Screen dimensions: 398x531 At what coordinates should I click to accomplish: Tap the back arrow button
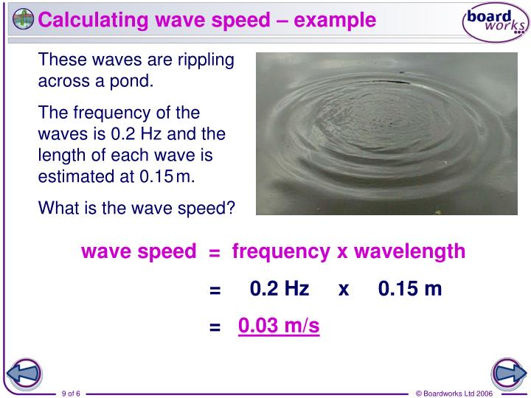pyautogui.click(x=24, y=374)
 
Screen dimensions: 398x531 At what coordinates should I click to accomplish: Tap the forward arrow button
pyautogui.click(x=507, y=374)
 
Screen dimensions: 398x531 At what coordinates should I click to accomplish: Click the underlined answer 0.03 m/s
pyautogui.click(x=279, y=326)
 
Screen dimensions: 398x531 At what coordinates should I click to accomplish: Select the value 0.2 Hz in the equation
pyautogui.click(x=280, y=289)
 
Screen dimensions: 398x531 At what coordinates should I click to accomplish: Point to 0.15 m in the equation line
pyautogui.click(x=410, y=289)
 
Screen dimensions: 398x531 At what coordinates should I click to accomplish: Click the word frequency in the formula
pyautogui.click(x=280, y=252)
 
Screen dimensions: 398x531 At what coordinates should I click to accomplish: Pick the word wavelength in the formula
pyautogui.click(x=409, y=252)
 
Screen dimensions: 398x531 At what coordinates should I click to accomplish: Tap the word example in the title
pyautogui.click(x=335, y=20)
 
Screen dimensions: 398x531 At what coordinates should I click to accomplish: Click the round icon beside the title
pyautogui.click(x=22, y=19)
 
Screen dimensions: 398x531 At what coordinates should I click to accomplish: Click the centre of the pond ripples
pyautogui.click(x=378, y=133)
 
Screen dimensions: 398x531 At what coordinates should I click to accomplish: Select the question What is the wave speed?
pyautogui.click(x=136, y=209)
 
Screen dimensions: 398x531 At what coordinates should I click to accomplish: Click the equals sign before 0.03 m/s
pyautogui.click(x=215, y=327)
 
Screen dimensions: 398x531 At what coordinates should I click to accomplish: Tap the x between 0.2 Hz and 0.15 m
pyautogui.click(x=343, y=289)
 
